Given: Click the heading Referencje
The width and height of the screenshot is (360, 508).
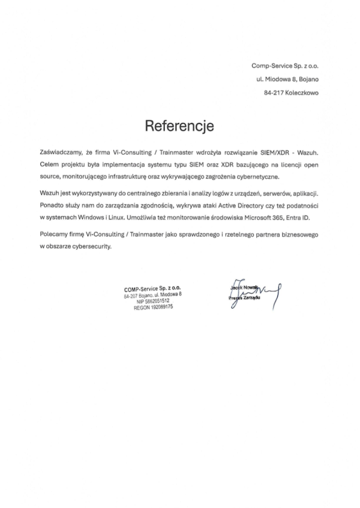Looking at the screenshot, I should click(x=179, y=126).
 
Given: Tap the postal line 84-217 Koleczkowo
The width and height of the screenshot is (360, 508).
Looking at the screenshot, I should click(x=291, y=92).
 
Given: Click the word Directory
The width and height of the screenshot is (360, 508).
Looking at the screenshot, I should click(x=236, y=205).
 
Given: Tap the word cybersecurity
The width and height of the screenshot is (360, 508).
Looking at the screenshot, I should click(x=91, y=246).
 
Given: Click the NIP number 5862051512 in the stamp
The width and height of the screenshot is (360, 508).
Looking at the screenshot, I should click(x=156, y=301).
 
